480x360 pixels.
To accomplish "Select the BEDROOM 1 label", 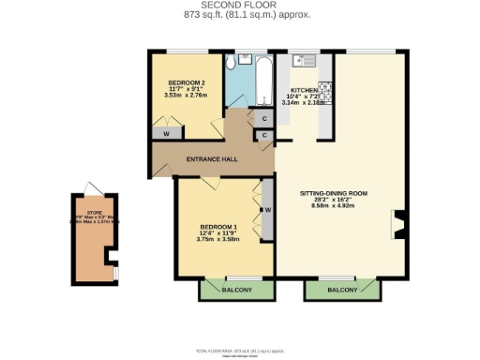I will [217, 227].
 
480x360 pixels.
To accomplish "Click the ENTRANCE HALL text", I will [211, 159].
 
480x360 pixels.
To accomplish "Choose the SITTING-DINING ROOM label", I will [333, 193].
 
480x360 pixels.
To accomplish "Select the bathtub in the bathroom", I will [263, 82].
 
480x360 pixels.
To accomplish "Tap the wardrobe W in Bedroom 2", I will [166, 134].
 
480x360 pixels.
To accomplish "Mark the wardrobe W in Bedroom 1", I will [267, 209].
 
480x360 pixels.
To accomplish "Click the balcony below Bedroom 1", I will [236, 291].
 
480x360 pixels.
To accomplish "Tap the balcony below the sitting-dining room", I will [341, 291].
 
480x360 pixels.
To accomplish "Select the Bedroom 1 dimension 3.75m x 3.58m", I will [217, 240].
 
